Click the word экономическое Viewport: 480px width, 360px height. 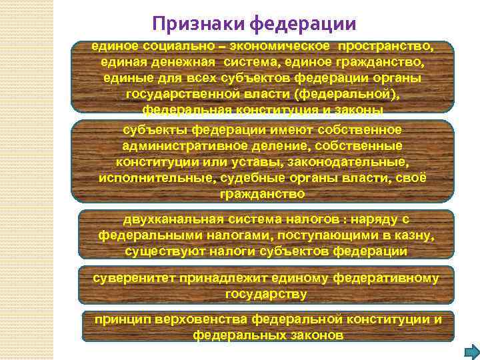(x=280, y=47)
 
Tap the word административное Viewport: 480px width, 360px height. (x=178, y=145)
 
